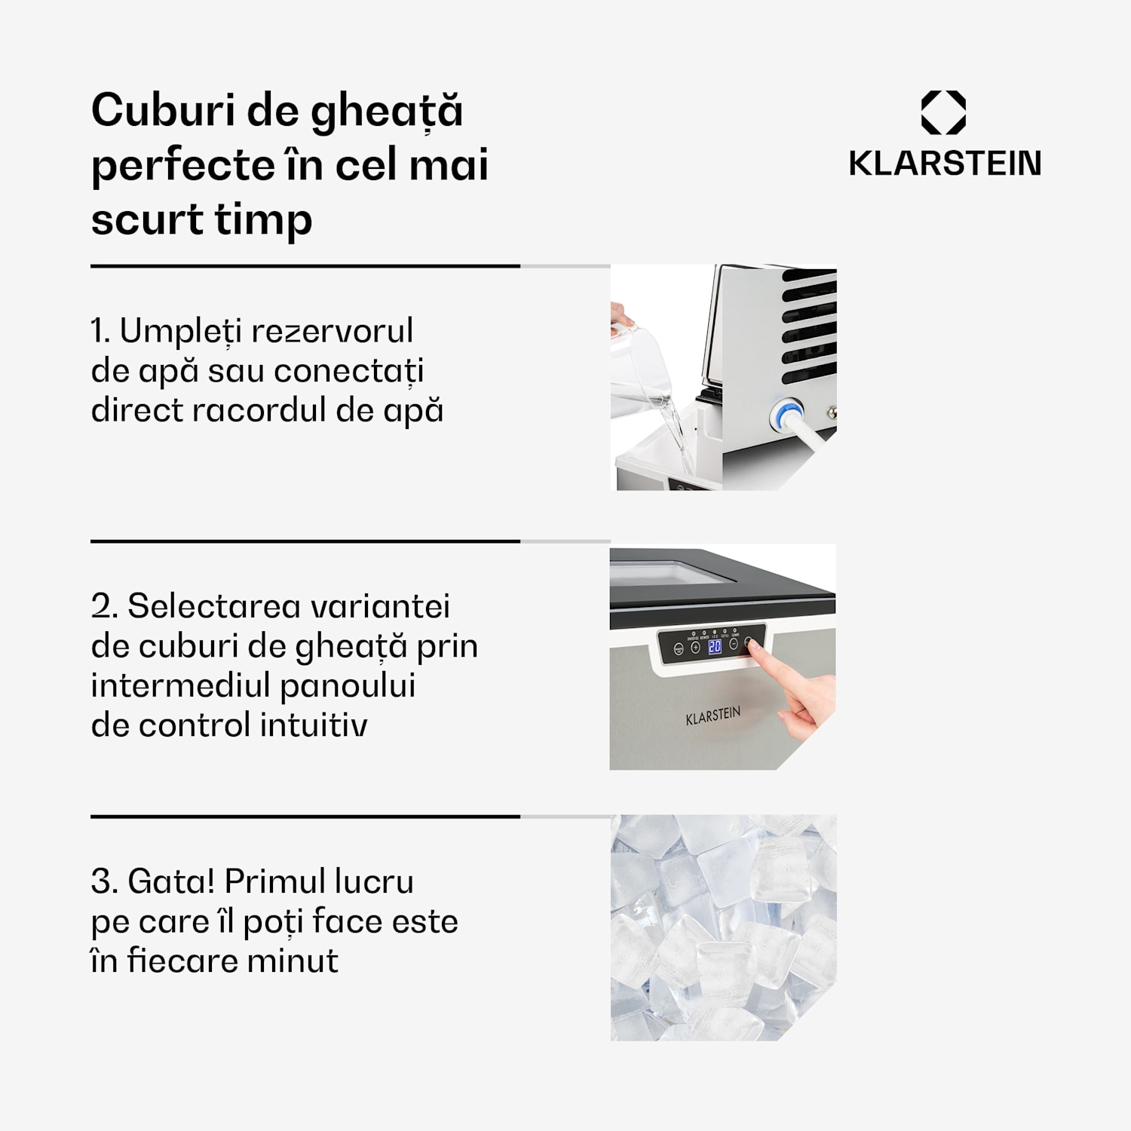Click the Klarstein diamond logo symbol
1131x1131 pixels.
[x=943, y=112]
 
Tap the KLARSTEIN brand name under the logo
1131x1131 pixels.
[x=945, y=164]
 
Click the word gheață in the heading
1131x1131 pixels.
[x=387, y=112]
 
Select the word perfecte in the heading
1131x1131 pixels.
[x=178, y=167]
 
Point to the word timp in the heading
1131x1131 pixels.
[x=263, y=221]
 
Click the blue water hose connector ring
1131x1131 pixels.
[x=785, y=415]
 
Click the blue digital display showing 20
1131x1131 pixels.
[x=715, y=646]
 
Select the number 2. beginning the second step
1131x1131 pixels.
[x=104, y=606]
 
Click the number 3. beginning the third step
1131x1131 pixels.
[x=104, y=881]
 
